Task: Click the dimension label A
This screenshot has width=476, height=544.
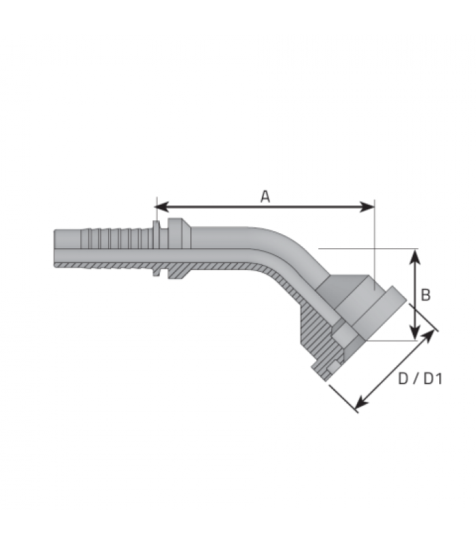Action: (265, 197)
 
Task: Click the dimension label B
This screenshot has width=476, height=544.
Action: (426, 295)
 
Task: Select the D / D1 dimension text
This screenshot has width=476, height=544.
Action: (420, 379)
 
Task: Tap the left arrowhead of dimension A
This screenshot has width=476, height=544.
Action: (161, 207)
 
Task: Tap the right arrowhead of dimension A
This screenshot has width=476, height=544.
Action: (368, 207)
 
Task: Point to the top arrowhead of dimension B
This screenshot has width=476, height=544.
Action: (415, 256)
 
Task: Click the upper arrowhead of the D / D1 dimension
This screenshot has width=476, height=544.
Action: (428, 335)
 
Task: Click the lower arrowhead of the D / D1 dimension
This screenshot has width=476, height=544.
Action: (362, 403)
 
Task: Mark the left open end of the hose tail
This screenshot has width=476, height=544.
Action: (54, 248)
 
